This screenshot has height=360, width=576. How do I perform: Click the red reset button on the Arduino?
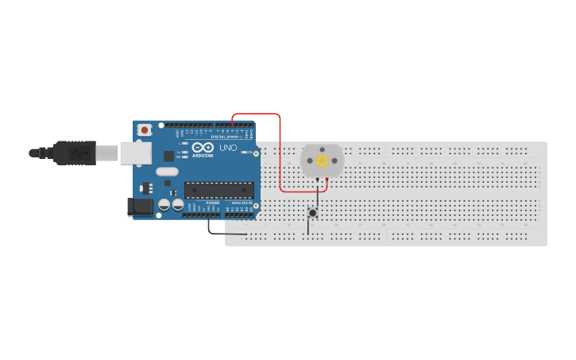144,130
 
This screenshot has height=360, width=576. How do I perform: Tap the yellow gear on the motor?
322,161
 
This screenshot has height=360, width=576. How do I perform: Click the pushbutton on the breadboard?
312,212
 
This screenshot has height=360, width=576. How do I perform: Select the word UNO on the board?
228,148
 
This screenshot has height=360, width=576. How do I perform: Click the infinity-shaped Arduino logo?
203,148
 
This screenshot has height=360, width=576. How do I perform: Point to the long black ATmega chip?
219,190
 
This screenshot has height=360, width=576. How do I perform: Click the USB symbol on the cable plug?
78,152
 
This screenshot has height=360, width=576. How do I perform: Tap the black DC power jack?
141,207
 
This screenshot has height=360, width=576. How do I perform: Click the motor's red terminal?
327,180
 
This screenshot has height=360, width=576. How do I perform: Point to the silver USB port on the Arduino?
130,153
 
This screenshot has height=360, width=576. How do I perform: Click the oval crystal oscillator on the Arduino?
167,172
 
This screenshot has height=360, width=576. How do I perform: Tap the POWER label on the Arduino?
213,203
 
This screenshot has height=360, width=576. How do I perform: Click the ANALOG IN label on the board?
242,203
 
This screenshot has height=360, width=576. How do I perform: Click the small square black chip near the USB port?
168,156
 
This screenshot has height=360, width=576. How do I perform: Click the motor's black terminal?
317,180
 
